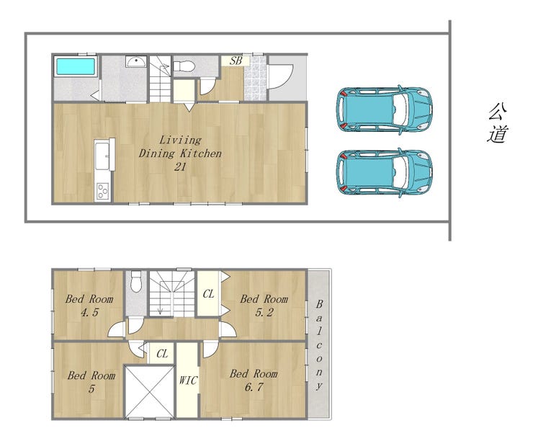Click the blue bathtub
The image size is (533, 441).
click(x=75, y=66)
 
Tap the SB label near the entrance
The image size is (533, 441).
click(x=236, y=61)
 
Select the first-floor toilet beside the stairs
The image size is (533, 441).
click(x=184, y=66)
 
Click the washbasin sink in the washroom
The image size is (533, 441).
click(x=136, y=61)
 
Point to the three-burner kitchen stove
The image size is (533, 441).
click(x=102, y=191)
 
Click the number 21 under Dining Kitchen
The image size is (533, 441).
click(x=180, y=167)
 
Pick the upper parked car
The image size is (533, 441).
click(x=385, y=110)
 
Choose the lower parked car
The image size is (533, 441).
click(x=385, y=173)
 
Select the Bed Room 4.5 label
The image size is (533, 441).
click(x=89, y=306)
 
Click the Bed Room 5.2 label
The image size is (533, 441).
click(x=264, y=306)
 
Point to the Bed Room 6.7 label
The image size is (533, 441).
click(x=254, y=380)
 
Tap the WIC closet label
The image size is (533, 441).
click(x=188, y=380)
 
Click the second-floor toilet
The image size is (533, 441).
click(x=136, y=281)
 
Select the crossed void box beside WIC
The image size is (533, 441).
click(x=150, y=391)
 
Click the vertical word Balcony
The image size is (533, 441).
click(x=319, y=344)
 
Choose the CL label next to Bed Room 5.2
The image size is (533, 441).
click(x=208, y=293)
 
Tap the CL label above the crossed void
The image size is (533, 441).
click(x=162, y=354)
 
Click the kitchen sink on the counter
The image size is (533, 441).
click(x=102, y=156)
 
